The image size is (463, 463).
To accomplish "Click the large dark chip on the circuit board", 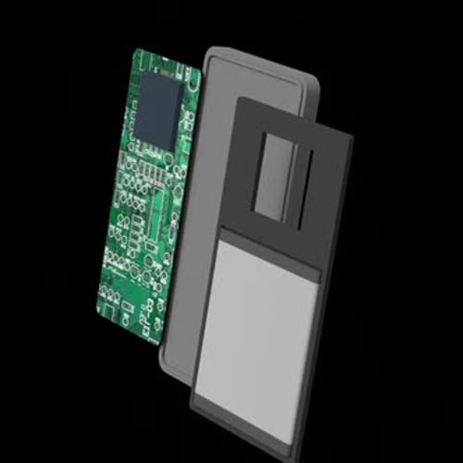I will coord(158,109).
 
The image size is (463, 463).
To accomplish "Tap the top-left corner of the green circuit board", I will coord(136,50).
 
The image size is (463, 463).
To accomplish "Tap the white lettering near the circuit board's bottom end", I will coord(144,315).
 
